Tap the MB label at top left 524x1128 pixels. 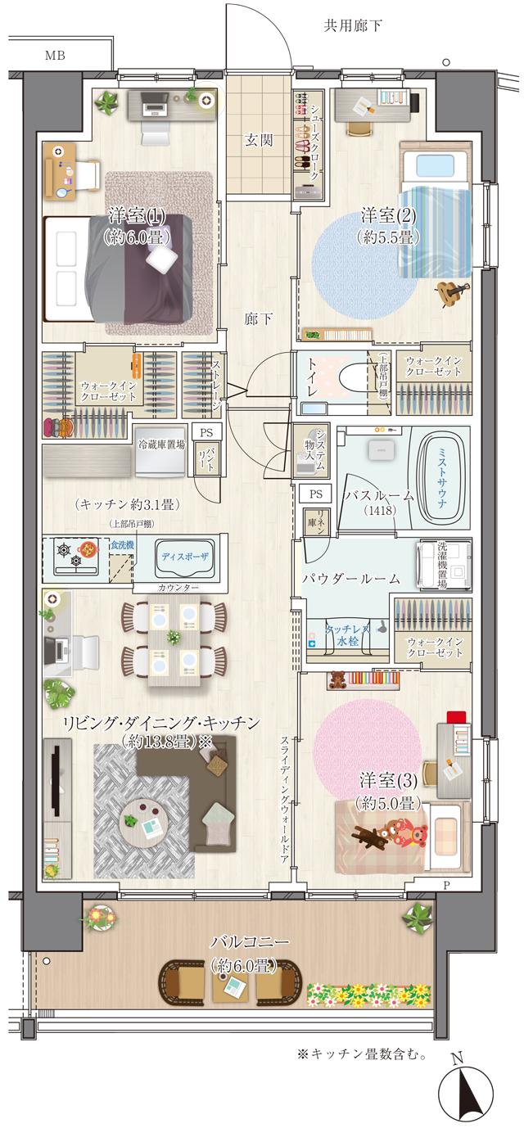(x=55, y=56)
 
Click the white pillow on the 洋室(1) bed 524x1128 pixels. (x=160, y=258)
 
